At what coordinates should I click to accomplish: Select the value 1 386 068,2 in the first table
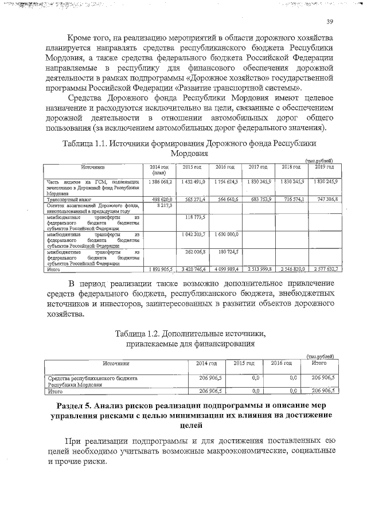pos(159,182)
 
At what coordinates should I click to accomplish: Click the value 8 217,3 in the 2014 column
pos(163,205)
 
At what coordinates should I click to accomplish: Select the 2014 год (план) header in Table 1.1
pos(159,169)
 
